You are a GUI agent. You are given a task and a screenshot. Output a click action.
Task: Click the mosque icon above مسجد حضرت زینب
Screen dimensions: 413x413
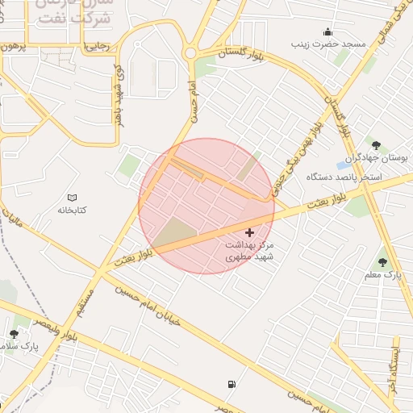327,32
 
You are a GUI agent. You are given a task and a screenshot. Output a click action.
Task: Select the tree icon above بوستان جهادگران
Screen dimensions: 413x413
376,145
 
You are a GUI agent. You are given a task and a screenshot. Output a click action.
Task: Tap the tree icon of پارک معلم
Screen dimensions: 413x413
382,262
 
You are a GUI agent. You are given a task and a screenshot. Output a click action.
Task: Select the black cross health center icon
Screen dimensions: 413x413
249,232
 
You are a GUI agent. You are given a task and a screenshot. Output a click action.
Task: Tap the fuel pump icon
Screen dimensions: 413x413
232,385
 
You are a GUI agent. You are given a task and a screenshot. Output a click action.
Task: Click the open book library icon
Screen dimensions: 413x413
72,198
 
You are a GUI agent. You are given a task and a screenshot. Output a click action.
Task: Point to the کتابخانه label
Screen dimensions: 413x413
72,210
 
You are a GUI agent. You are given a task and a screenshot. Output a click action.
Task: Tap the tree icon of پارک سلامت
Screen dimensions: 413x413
14,334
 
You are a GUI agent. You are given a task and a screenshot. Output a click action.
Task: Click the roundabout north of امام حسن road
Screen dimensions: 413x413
190,53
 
